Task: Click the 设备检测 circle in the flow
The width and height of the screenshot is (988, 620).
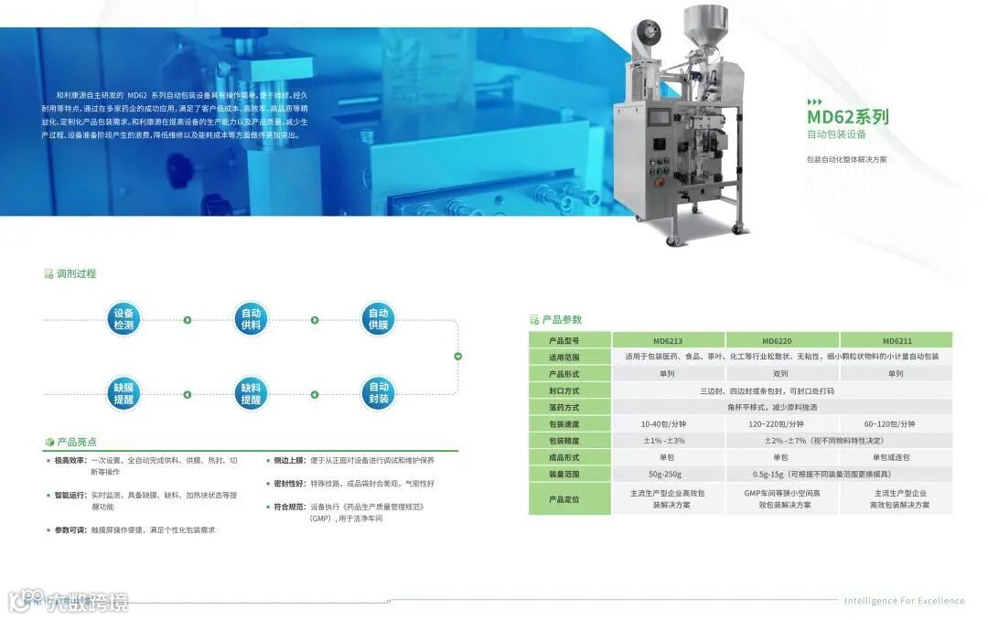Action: click(x=123, y=318)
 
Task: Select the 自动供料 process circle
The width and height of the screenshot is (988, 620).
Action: click(x=251, y=318)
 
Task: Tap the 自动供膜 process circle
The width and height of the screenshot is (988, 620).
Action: click(x=378, y=318)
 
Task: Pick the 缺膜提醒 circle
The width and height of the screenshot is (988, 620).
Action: click(x=123, y=393)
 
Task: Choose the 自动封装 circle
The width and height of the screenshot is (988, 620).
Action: click(x=378, y=393)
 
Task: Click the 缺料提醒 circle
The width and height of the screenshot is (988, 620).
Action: click(x=251, y=393)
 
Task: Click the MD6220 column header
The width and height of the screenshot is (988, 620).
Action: click(x=781, y=340)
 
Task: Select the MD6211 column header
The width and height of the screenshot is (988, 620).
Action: click(x=897, y=340)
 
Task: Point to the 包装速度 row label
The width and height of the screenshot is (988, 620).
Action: click(x=564, y=424)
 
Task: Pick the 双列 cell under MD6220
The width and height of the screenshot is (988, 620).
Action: click(x=781, y=374)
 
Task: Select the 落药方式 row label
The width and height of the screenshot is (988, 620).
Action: click(x=564, y=408)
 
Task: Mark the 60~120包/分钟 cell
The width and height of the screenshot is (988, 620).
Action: click(x=897, y=424)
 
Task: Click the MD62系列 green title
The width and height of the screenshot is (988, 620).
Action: click(x=847, y=117)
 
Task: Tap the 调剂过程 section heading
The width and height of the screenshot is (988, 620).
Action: click(x=76, y=273)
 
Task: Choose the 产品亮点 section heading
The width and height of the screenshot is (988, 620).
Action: click(x=76, y=442)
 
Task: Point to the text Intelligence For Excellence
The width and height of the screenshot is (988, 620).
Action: click(x=904, y=601)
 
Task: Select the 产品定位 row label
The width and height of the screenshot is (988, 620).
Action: click(x=564, y=499)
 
